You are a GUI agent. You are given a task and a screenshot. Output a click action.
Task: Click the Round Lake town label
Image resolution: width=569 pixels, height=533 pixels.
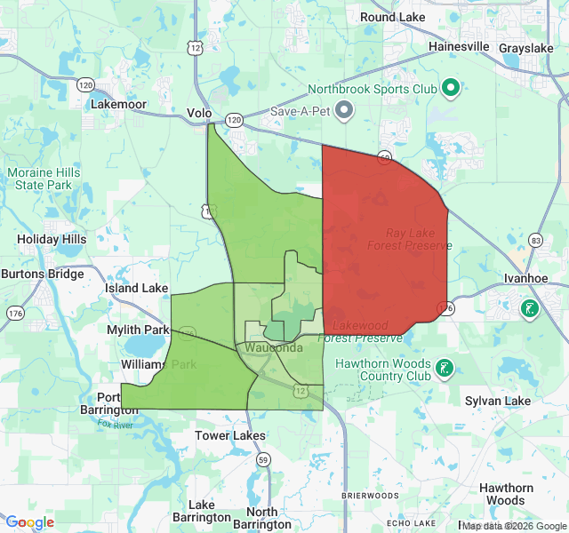[x=391, y=17]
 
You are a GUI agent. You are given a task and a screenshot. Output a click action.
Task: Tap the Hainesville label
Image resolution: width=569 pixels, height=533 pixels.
[x=459, y=45]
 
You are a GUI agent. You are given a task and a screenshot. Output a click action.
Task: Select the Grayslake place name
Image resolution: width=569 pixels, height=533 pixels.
[x=526, y=47]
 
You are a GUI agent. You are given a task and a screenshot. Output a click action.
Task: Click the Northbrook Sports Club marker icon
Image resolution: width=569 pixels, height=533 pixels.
[x=450, y=87]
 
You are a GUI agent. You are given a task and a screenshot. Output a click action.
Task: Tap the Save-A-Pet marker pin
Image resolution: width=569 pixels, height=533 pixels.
[x=344, y=110]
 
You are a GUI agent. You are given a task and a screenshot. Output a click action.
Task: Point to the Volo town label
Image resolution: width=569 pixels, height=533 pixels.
[x=200, y=113]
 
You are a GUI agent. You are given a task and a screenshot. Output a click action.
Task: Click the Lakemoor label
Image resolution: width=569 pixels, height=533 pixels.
[x=118, y=103]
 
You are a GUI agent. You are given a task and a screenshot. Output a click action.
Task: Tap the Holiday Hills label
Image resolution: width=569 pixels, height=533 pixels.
[x=52, y=239]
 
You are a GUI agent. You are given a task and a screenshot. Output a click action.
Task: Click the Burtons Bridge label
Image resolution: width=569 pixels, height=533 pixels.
[x=43, y=274]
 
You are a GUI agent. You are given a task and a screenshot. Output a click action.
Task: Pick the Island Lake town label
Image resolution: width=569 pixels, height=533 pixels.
[x=136, y=288]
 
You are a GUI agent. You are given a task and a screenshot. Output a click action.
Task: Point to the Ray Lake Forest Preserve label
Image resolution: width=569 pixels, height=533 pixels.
[x=419, y=238]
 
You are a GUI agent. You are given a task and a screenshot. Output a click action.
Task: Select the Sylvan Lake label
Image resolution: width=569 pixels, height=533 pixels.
[x=498, y=401]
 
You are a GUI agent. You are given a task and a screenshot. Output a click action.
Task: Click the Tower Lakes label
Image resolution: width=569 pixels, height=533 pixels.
[x=230, y=435]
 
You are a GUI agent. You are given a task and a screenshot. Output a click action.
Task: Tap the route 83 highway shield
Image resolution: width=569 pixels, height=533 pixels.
[x=535, y=241]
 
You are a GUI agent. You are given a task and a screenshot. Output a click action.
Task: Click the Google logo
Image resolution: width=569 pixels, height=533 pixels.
[x=29, y=522]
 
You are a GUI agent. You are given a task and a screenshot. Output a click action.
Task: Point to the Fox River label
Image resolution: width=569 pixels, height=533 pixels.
[x=116, y=424]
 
